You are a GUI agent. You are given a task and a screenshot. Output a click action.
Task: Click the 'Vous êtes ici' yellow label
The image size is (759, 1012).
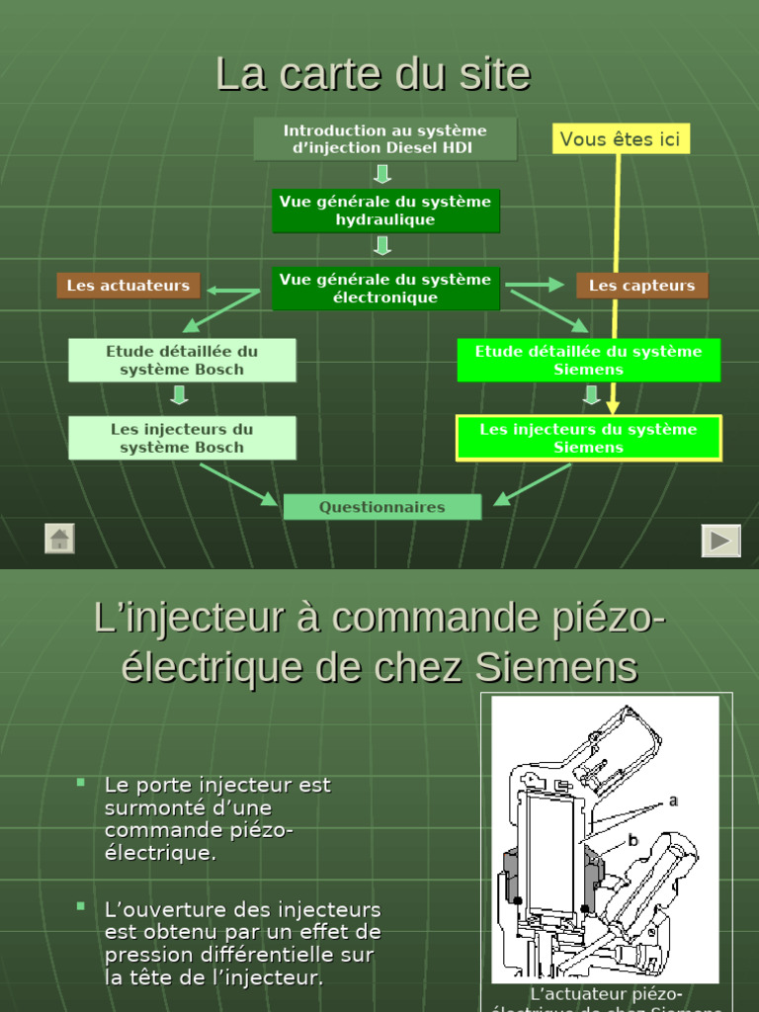[x=620, y=139]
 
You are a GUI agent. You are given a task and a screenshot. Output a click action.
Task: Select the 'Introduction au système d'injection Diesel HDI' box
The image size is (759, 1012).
[x=384, y=139]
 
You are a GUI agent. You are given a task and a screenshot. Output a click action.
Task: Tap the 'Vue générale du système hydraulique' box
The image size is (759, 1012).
[x=384, y=211]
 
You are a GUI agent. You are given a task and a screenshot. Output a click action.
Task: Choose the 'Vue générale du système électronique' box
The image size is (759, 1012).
[x=384, y=288]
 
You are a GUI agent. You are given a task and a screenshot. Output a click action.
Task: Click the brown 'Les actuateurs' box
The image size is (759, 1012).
[x=128, y=286]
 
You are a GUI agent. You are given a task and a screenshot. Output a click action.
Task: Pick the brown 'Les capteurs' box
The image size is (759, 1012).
[x=641, y=286]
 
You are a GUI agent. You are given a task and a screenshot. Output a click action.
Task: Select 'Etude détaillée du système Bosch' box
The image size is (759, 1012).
[x=182, y=360]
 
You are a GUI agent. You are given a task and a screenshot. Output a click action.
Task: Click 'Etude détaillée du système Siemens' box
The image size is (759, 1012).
[x=588, y=360]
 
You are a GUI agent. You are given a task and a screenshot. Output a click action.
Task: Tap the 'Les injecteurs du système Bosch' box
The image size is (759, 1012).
[x=182, y=438]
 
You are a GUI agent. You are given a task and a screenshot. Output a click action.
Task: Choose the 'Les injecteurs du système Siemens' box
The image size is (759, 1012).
[x=588, y=438]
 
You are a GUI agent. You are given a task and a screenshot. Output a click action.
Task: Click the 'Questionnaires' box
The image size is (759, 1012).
[x=381, y=507]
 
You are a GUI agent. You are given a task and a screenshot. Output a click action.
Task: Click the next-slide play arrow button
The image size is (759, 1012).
[x=720, y=541]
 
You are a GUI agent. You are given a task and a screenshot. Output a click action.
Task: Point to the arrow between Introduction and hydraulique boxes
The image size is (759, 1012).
[x=383, y=174]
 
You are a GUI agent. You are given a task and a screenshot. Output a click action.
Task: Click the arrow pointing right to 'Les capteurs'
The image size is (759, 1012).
[x=535, y=285]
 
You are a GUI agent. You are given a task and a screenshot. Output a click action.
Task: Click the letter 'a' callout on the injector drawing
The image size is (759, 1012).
[x=673, y=801]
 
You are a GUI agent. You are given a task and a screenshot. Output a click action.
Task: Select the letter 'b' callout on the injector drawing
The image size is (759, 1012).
[x=633, y=841]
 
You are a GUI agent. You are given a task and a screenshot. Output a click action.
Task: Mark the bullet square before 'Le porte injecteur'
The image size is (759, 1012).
[x=81, y=782]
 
